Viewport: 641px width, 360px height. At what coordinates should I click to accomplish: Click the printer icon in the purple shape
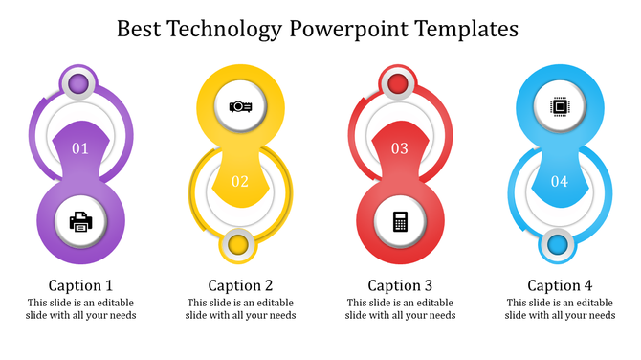tap(81, 222)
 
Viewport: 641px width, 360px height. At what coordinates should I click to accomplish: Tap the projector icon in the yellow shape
tap(240, 107)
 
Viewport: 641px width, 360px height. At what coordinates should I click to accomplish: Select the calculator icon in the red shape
tap(400, 221)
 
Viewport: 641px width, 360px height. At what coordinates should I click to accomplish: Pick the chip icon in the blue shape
tap(559, 107)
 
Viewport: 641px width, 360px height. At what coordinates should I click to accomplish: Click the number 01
tap(80, 148)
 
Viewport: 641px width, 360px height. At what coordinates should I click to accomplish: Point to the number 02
tap(240, 181)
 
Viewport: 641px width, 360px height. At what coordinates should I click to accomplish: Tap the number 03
tap(400, 148)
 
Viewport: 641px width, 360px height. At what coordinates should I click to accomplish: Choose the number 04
tap(559, 181)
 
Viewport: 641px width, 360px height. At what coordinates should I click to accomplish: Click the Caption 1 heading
tap(81, 285)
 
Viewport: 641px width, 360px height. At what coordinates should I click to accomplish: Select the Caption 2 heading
tap(241, 285)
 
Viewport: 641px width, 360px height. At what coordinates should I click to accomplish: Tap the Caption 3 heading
tap(401, 285)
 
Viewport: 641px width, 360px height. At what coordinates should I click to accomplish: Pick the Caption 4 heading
tap(561, 285)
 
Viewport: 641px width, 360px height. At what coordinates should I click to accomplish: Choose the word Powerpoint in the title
tap(348, 29)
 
